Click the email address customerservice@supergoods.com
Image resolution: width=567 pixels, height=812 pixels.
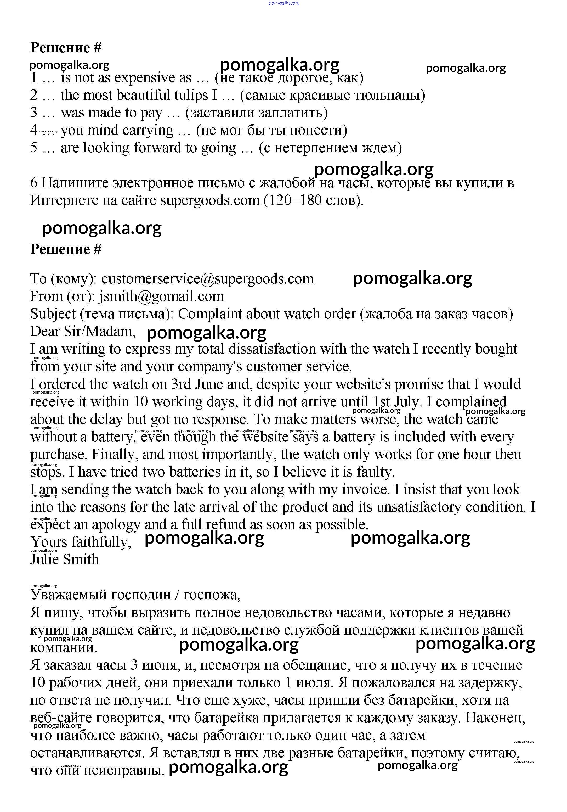207,279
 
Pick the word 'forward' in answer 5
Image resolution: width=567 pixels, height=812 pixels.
157,148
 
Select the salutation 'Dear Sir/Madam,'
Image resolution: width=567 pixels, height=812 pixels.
83,331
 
